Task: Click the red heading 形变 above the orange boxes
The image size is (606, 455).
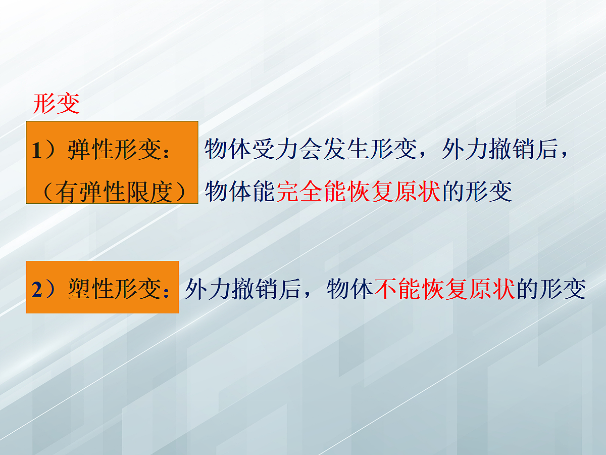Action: (x=56, y=104)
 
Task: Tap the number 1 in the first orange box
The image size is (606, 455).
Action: (x=36, y=151)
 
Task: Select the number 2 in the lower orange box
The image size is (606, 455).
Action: (x=37, y=290)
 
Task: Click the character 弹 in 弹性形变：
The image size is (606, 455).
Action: (x=80, y=151)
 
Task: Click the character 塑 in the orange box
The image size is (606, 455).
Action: (x=80, y=290)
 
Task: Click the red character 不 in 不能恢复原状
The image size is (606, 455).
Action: (x=386, y=290)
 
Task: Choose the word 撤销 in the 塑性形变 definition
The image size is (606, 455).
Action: (x=255, y=290)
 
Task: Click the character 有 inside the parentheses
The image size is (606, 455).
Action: (x=67, y=193)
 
